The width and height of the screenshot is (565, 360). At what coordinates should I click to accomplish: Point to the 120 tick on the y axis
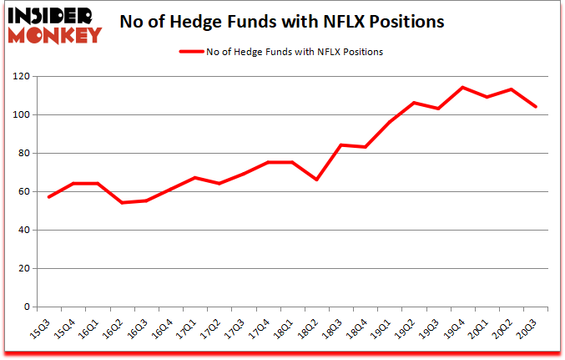click(22, 77)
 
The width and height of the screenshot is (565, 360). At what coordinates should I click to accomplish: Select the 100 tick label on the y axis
click(22, 115)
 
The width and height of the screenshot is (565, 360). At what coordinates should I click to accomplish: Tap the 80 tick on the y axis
click(24, 154)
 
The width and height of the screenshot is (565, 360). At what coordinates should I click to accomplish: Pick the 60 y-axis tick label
click(24, 192)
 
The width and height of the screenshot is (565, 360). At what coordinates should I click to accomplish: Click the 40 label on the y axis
click(24, 231)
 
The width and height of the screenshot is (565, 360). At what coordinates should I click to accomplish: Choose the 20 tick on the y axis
click(24, 269)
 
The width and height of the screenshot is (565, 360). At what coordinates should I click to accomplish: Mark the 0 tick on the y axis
click(27, 307)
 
